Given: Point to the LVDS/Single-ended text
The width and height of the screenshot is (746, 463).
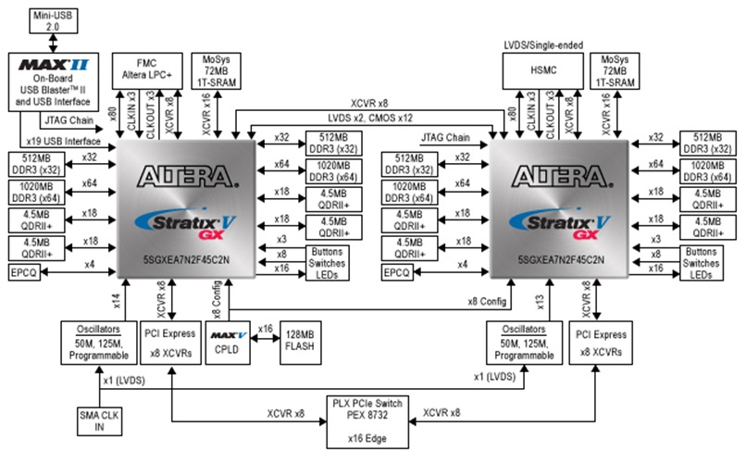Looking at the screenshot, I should point(538,43).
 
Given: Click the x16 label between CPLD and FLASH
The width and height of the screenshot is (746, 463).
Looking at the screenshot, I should point(265,329).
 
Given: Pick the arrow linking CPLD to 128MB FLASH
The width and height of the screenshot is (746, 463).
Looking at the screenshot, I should point(265,340).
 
